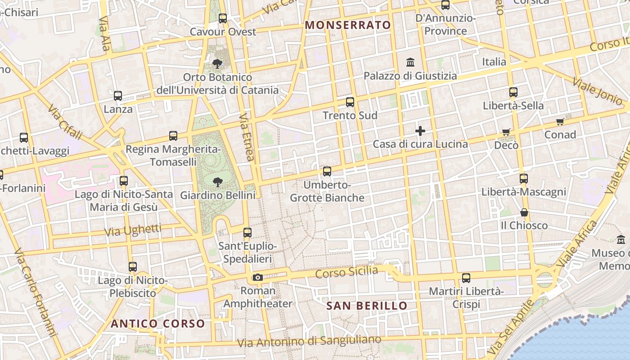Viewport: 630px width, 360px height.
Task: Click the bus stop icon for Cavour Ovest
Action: point(223,18)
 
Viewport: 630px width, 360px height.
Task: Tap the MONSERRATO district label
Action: point(348,25)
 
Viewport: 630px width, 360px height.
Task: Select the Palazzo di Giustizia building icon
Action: point(410,62)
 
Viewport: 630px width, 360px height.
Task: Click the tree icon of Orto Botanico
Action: point(218,63)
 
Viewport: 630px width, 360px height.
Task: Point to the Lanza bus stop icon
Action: point(118,96)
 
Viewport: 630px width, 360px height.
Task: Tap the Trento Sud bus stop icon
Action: point(350,102)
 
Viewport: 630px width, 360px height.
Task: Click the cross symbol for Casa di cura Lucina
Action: point(420,131)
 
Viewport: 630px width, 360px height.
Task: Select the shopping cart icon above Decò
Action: point(506,132)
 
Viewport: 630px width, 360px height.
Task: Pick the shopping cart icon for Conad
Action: point(560,121)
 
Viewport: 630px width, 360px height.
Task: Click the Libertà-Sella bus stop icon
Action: point(513,93)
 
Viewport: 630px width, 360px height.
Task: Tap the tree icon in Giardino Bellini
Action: point(218,182)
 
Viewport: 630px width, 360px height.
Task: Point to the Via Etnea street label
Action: point(247,137)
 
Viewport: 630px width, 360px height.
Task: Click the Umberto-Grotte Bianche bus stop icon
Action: point(327,171)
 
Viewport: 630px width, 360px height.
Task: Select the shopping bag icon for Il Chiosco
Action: point(524,212)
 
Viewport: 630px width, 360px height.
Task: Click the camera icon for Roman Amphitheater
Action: point(258,277)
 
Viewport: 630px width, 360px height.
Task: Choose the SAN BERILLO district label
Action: point(367,306)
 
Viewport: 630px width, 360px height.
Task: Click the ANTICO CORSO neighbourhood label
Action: point(158,324)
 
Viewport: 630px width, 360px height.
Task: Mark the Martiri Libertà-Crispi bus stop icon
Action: point(466,278)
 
